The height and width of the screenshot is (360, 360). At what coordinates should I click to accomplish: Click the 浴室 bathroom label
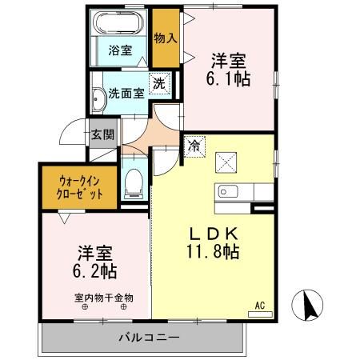click(x=122, y=50)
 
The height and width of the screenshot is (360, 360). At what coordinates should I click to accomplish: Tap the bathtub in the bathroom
click(x=122, y=23)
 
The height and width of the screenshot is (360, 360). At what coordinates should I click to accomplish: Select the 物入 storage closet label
click(x=165, y=38)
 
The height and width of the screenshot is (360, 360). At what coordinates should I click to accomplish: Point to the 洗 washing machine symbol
click(x=159, y=83)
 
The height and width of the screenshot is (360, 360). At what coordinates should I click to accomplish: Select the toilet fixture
click(x=134, y=182)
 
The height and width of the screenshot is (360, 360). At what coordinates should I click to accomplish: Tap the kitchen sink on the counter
click(x=225, y=191)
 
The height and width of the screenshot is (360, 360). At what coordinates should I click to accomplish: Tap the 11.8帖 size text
click(x=210, y=251)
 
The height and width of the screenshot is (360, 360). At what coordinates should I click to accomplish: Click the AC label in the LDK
click(x=260, y=305)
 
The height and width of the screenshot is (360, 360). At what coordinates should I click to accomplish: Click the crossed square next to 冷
click(x=225, y=161)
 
